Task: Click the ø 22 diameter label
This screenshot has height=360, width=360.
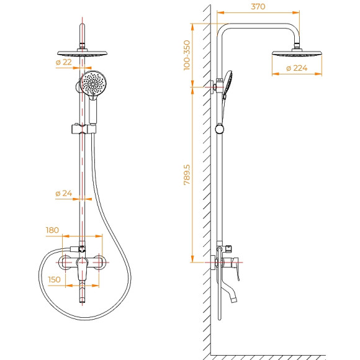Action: pos(64,61)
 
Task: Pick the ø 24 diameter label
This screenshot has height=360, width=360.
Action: pos(64,194)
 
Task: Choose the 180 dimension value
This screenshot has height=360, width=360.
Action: pos(52,230)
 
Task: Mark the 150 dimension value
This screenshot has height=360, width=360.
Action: pos(55,280)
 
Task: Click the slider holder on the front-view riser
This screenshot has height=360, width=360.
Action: pos(83,130)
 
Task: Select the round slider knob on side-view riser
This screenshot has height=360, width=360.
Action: pos(218,129)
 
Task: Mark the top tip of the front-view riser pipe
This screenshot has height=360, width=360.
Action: pos(82,25)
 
